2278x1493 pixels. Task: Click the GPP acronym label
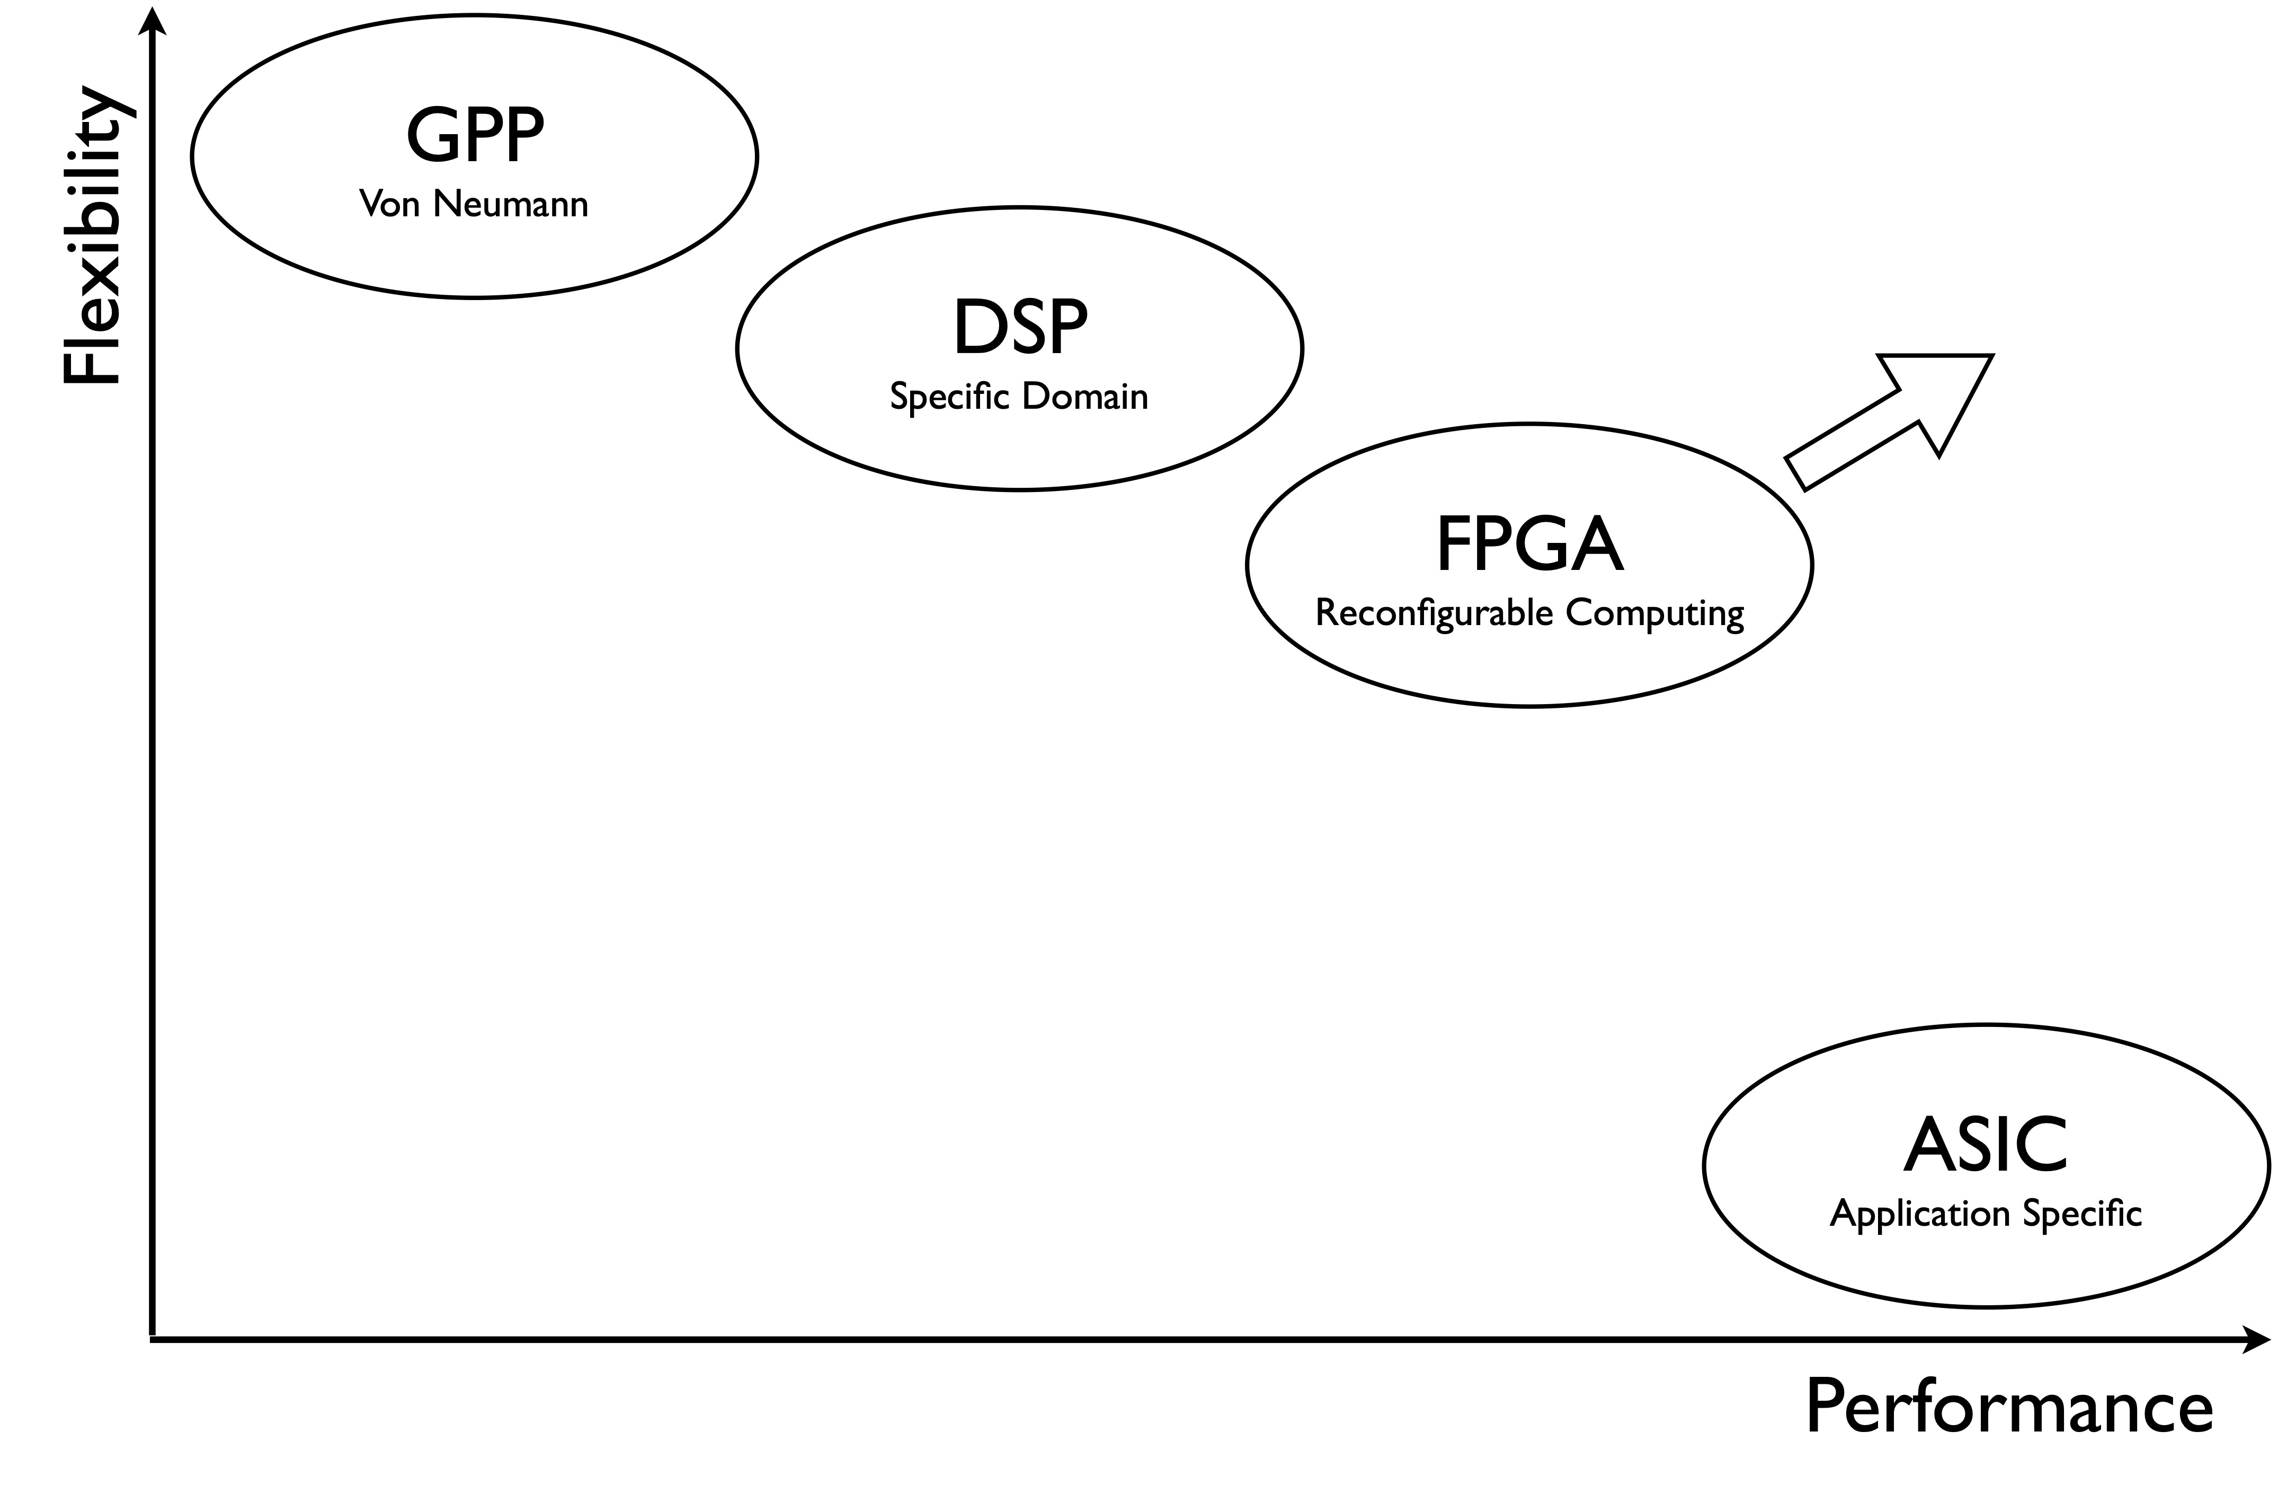point(475,136)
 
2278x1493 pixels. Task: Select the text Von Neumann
point(474,204)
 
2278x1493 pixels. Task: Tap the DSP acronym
point(1020,328)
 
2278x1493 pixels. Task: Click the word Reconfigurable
point(1434,613)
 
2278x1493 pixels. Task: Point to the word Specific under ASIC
point(2083,1214)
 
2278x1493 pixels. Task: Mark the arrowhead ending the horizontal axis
point(2256,1340)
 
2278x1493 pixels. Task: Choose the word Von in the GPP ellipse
point(389,204)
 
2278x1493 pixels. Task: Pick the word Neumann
point(510,204)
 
